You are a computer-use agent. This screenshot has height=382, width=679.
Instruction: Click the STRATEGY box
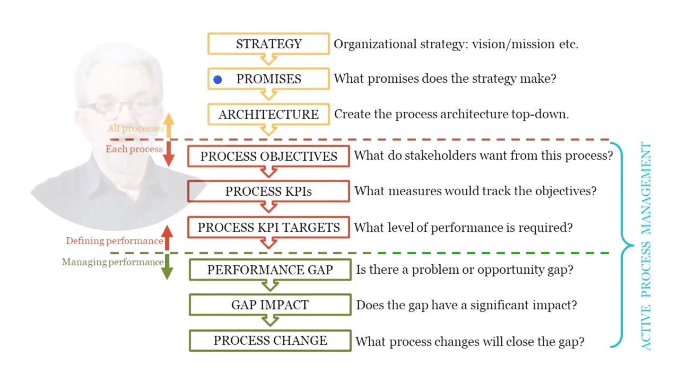click(x=268, y=44)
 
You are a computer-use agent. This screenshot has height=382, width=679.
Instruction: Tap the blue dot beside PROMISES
click(x=217, y=80)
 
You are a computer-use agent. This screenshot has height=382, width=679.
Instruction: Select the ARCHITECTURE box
click(x=268, y=115)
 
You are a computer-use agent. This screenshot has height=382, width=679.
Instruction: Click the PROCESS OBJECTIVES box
click(x=268, y=157)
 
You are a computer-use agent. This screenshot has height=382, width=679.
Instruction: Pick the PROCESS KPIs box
click(x=268, y=192)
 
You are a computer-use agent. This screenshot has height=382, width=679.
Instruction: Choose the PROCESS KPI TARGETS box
click(x=268, y=228)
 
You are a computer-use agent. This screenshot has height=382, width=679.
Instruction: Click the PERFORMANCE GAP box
click(x=270, y=270)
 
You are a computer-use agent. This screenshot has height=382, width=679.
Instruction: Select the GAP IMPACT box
click(x=270, y=305)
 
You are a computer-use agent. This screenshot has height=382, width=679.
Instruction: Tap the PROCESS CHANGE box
click(x=270, y=341)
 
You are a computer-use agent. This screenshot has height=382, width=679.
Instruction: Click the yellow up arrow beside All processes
click(x=168, y=126)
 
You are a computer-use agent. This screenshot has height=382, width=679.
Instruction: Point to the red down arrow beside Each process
click(x=168, y=153)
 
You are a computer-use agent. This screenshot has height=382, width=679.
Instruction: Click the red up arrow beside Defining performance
click(x=167, y=238)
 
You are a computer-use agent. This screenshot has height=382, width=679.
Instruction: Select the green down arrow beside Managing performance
click(x=167, y=266)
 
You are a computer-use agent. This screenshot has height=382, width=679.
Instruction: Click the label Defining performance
click(x=114, y=241)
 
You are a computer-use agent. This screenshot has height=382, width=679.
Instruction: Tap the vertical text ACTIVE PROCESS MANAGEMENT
click(x=646, y=246)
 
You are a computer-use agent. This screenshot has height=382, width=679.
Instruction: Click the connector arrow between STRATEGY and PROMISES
click(x=268, y=60)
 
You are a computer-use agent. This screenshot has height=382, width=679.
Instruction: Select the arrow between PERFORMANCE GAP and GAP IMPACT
click(x=270, y=286)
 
